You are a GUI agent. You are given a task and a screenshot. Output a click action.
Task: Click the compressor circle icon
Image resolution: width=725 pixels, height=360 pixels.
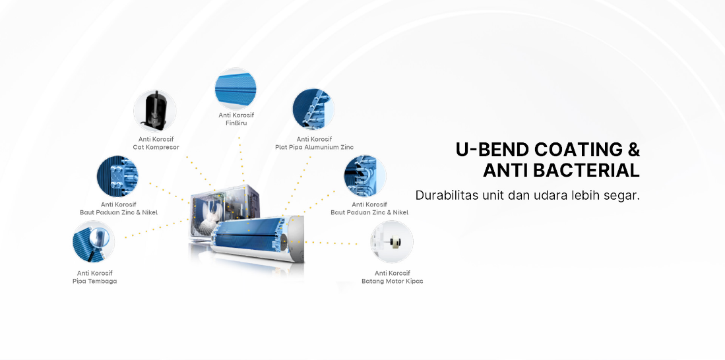[x=155, y=111]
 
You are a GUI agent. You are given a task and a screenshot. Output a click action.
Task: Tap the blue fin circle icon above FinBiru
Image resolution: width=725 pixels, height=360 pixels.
[x=236, y=88]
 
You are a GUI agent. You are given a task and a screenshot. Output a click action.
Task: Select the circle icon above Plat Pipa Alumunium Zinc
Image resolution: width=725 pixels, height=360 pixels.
[x=313, y=110]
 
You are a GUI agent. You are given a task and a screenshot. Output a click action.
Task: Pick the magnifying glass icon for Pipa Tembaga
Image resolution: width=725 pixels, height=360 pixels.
[x=94, y=242]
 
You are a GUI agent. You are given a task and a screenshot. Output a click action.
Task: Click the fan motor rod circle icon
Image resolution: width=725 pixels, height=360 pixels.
[x=392, y=242]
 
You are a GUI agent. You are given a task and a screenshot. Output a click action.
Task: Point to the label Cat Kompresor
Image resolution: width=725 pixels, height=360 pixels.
[x=156, y=148]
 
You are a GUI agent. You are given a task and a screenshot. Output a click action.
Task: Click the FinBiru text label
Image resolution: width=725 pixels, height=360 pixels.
[x=236, y=123]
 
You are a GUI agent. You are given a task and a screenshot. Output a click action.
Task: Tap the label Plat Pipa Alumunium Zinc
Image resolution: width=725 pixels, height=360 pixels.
[x=314, y=148]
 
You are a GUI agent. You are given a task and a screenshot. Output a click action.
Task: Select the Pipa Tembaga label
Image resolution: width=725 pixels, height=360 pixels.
[x=95, y=281]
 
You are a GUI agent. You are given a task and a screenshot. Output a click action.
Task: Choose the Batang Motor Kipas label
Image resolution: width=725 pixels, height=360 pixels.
[x=392, y=281]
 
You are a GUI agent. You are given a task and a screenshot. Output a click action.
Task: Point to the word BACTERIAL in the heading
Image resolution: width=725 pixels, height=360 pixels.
[x=586, y=171]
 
